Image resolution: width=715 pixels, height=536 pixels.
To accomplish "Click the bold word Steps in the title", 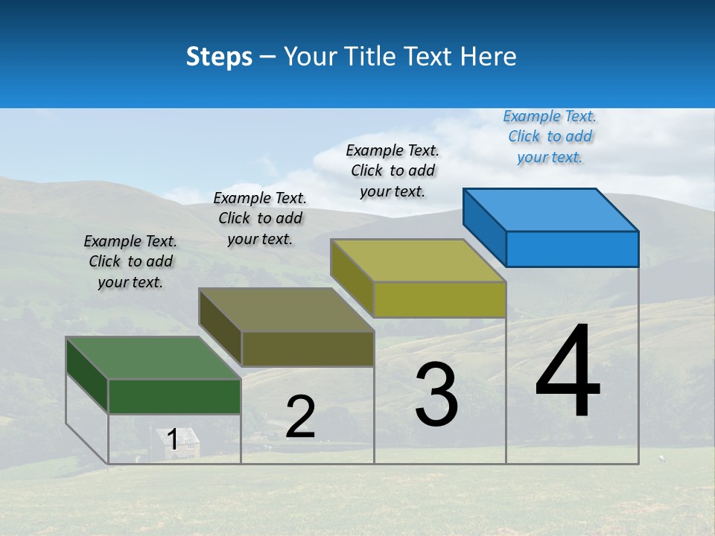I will coord(219,57).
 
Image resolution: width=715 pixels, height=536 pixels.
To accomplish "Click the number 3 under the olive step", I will coord(436,395).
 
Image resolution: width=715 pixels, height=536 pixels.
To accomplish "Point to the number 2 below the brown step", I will coord(300,417).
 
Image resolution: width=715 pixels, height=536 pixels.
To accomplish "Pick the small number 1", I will coord(172,439).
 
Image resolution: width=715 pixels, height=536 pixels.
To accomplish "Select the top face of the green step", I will coord(153,358).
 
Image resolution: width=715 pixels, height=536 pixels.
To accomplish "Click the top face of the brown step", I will coord(286,310).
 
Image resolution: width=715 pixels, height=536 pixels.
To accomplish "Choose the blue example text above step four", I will coord(550,137).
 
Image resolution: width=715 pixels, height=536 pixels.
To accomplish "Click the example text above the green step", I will coord(130,261).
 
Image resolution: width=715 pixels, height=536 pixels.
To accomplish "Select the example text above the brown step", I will coord(260,218).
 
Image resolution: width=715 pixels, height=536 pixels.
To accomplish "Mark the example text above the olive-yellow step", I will coord(393,170).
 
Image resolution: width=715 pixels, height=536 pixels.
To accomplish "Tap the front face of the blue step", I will coord(572,249).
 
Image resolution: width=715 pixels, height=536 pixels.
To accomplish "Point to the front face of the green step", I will coord(174,396).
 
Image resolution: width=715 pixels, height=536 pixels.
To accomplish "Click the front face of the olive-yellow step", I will coord(439,299).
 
